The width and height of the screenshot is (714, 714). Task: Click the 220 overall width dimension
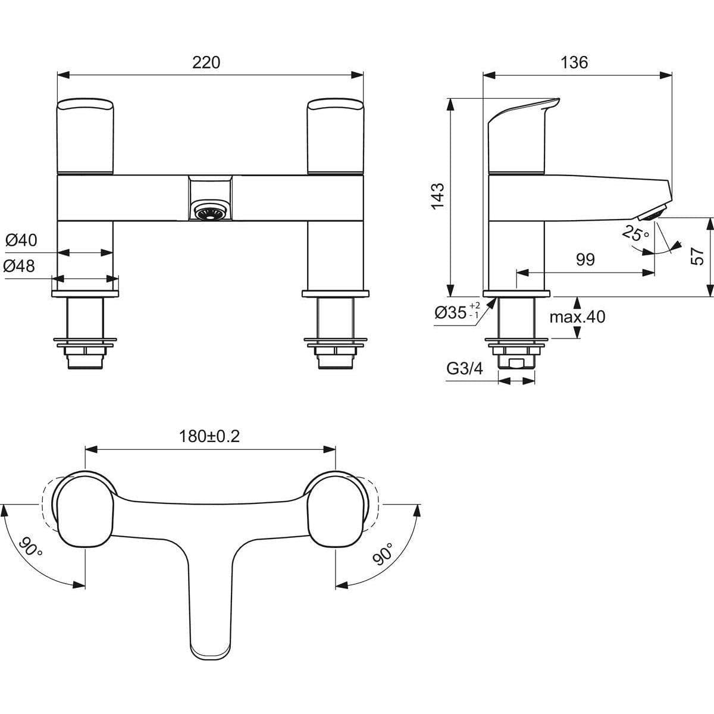206,62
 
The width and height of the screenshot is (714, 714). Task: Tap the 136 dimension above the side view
574,62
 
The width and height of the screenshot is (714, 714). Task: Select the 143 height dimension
437,195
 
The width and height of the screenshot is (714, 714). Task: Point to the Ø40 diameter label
21,240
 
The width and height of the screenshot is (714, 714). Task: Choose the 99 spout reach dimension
585,260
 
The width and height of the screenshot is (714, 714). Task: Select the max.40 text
577,317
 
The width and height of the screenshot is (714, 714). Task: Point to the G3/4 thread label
465,369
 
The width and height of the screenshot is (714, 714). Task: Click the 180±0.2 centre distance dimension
209,436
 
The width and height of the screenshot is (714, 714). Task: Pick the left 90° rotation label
31,546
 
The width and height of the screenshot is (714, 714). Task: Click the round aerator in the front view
209,211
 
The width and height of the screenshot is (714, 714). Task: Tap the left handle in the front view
84,137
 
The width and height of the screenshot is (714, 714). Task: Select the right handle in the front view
334,137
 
